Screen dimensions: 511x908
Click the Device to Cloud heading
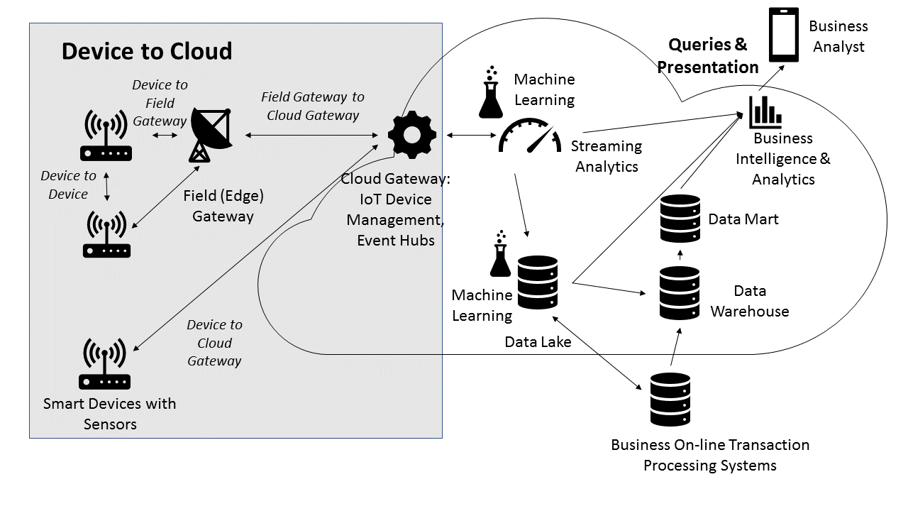pyautogui.click(x=147, y=51)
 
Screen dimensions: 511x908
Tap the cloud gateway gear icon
pyautogui.click(x=411, y=134)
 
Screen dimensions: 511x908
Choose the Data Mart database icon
pyautogui.click(x=680, y=218)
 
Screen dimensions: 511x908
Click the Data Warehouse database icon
pyautogui.click(x=680, y=292)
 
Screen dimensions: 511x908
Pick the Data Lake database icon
pyautogui.click(x=538, y=282)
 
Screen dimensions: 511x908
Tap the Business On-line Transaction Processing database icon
pyautogui.click(x=670, y=399)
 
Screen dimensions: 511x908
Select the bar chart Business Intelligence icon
pyautogui.click(x=765, y=111)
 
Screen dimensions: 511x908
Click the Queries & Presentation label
pyautogui.click(x=707, y=56)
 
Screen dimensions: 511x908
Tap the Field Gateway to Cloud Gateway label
pyautogui.click(x=313, y=106)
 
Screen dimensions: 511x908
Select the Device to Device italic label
pyautogui.click(x=68, y=185)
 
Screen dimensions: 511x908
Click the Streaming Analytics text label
pyautogui.click(x=607, y=156)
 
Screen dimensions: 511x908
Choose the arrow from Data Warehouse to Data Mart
pyautogui.click(x=680, y=254)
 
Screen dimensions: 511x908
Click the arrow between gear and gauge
pyautogui.click(x=461, y=135)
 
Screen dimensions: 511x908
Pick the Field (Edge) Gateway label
pyautogui.click(x=223, y=206)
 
